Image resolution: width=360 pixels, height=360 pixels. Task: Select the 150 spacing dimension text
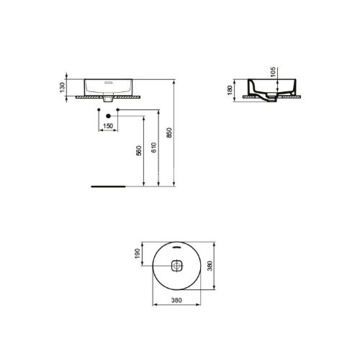pyautogui.click(x=108, y=126)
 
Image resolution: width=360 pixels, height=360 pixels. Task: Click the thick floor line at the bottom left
pyautogui.click(x=108, y=184)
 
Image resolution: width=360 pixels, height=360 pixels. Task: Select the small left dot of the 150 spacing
pyautogui.click(x=98, y=109)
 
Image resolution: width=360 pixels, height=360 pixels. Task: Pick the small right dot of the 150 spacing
pyautogui.click(x=118, y=109)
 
